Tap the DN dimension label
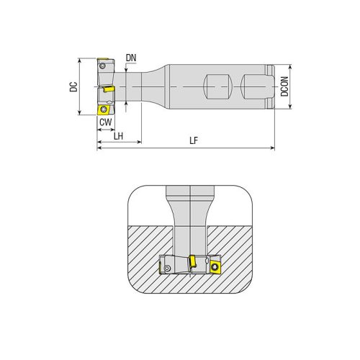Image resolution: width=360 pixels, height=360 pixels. pyautogui.click(x=130, y=57)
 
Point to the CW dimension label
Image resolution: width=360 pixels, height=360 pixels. pyautogui.click(x=105, y=123)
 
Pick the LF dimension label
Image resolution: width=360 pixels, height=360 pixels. pyautogui.click(x=194, y=141)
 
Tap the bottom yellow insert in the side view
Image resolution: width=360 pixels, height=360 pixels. pyautogui.click(x=104, y=110)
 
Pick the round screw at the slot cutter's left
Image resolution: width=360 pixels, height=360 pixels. pyautogui.click(x=167, y=268)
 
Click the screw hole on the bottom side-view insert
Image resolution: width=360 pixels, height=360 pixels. pyautogui.click(x=104, y=110)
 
